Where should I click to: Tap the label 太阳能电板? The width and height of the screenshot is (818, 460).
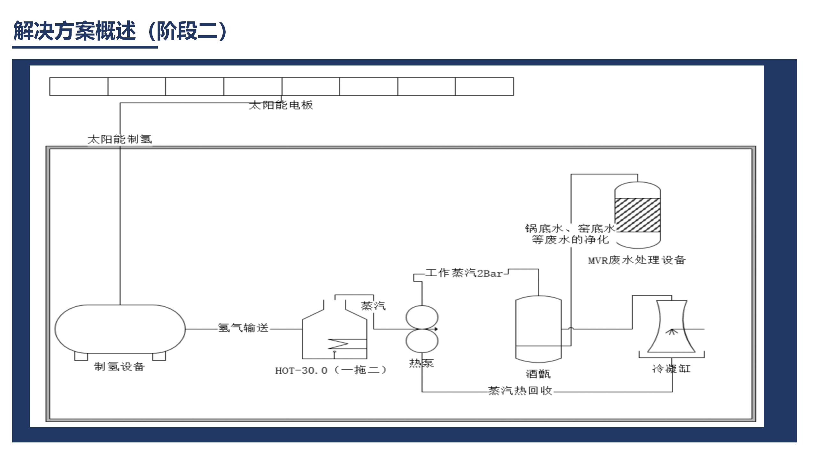point(281,105)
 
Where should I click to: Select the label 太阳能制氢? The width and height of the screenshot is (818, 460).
point(120,139)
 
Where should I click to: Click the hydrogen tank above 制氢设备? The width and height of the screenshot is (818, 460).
point(120,329)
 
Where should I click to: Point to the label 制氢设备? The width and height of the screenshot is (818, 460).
point(120,366)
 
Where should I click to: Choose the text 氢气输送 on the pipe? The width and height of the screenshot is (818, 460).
point(243,328)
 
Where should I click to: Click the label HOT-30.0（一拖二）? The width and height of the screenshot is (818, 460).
point(331,370)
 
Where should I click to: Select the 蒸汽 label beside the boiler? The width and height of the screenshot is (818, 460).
point(373,306)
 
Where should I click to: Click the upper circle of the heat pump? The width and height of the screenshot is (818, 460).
point(422,317)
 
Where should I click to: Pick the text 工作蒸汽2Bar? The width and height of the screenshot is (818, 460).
point(464,273)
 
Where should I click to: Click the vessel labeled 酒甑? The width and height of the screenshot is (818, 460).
point(538,329)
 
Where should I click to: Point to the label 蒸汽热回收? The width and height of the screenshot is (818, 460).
point(520,391)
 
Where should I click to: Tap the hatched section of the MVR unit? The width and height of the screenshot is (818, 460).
point(637,215)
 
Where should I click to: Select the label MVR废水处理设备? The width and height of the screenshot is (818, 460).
point(637,260)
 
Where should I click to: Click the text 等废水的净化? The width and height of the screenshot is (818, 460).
point(570,240)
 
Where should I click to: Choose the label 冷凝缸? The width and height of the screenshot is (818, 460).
point(671,369)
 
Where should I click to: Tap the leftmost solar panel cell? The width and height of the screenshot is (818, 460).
point(79,86)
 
